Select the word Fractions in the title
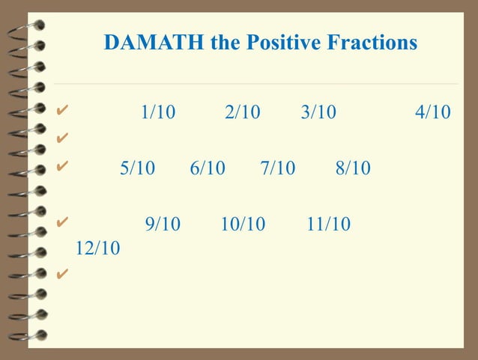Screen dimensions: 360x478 [372, 43]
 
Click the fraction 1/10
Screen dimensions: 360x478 [158, 113]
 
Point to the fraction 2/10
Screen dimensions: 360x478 [242, 113]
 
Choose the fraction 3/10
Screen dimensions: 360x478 [318, 113]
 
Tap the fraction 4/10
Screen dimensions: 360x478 [432, 113]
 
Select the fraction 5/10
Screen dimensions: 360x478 [137, 168]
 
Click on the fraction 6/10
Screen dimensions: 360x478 [208, 168]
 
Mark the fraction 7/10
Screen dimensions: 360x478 [278, 168]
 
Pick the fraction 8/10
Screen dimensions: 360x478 [353, 168]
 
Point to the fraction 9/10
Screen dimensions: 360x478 [163, 224]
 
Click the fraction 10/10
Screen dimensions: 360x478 [243, 224]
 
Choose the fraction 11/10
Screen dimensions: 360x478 [328, 224]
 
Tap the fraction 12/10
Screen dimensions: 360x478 [97, 248]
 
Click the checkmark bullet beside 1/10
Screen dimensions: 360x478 [62, 112]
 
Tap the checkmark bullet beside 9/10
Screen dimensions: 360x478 [62, 222]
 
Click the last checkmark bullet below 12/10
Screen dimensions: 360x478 [62, 273]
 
